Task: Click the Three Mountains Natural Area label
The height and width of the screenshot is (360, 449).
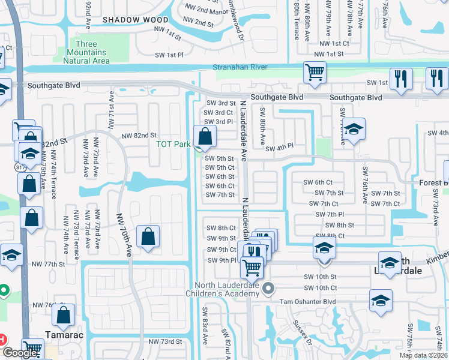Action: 93,52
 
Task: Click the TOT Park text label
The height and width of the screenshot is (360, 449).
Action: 173,144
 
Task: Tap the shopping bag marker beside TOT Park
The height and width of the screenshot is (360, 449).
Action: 205,137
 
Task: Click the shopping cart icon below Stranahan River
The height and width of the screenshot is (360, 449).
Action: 315,73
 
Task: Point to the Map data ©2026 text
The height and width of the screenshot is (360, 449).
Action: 423,355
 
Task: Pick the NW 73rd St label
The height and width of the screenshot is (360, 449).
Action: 165,341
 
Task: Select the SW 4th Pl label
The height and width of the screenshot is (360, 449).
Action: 279,146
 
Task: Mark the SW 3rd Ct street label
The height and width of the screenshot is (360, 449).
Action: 218,113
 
